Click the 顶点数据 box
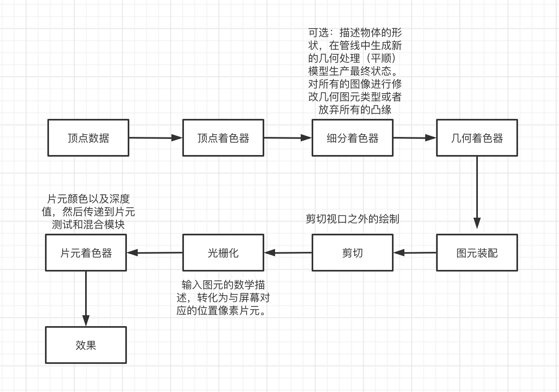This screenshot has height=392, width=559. point(88,138)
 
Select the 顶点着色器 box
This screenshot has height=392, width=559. point(223,138)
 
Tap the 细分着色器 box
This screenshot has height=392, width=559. point(353,138)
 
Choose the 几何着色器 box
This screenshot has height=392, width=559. point(477,138)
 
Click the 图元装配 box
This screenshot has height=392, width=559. point(477,253)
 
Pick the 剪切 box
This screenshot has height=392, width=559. point(353,253)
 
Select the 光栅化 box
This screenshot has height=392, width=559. point(223,253)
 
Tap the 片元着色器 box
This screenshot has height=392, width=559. point(86,253)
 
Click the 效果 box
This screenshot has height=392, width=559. point(86,345)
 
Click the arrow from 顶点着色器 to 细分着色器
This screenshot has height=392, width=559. point(288,138)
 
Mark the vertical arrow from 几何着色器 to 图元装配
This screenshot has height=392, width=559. point(477,193)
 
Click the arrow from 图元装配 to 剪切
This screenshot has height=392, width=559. point(414,253)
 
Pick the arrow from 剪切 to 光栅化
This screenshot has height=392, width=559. point(288,253)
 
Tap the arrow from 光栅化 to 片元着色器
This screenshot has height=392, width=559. point(155,253)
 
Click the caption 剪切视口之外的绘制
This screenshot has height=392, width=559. point(353,219)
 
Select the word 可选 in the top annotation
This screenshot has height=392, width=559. point(318,33)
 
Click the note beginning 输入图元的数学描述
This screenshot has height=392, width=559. point(223,298)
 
